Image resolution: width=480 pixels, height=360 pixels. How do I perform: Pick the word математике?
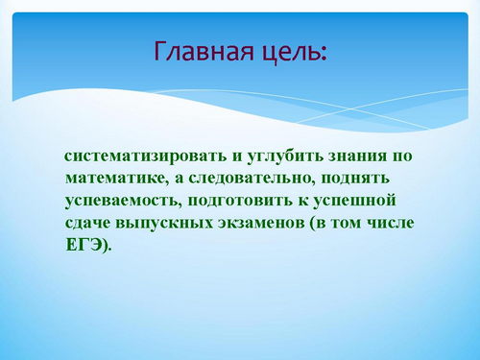[117, 179]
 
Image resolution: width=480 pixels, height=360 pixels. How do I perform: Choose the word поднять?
[355, 179]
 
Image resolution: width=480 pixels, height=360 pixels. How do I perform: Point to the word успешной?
[354, 202]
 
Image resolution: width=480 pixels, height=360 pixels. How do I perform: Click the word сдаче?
[86, 223]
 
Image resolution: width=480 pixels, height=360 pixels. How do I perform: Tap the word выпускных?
[164, 224]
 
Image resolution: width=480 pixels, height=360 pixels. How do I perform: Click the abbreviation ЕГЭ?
[84, 245]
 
